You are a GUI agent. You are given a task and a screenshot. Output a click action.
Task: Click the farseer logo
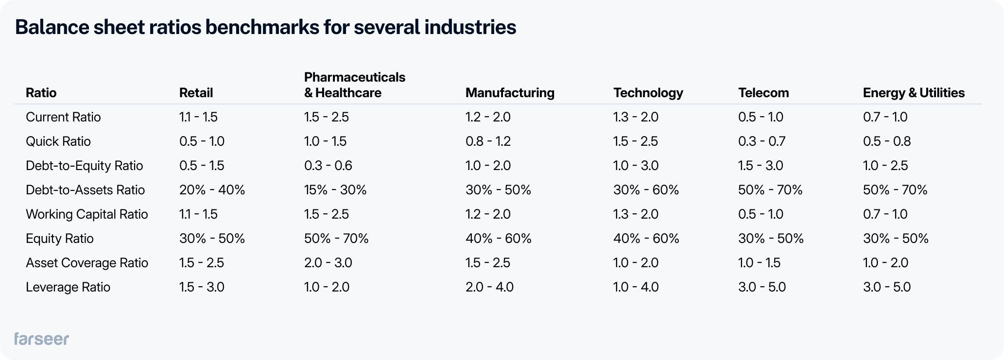[41, 339]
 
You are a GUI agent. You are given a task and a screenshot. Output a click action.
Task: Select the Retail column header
[196, 93]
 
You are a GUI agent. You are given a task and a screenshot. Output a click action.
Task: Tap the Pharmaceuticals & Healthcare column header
[354, 85]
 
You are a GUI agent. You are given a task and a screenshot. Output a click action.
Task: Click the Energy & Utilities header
[914, 93]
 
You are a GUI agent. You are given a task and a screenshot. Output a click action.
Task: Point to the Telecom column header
[763, 93]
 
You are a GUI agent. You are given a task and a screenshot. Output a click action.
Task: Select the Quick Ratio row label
[58, 141]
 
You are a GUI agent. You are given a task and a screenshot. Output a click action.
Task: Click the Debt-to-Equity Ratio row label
[84, 166]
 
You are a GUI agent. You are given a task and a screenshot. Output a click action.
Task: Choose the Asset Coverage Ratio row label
[87, 263]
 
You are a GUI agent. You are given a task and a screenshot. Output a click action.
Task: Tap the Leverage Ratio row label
[68, 287]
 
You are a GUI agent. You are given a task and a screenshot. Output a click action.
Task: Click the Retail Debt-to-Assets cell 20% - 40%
[212, 190]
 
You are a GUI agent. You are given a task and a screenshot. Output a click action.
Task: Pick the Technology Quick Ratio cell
[635, 141]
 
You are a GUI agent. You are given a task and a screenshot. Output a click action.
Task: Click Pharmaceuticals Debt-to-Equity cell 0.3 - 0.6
[328, 166]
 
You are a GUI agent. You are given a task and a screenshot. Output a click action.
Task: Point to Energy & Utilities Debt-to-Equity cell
[885, 166]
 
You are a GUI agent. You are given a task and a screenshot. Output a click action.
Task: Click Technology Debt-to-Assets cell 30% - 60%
[646, 190]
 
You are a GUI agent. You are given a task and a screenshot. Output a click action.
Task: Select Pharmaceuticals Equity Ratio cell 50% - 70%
[336, 239]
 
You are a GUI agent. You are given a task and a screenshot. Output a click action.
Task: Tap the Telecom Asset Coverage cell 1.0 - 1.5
[759, 263]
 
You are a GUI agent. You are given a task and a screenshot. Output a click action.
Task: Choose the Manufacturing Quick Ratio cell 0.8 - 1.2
[488, 141]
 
